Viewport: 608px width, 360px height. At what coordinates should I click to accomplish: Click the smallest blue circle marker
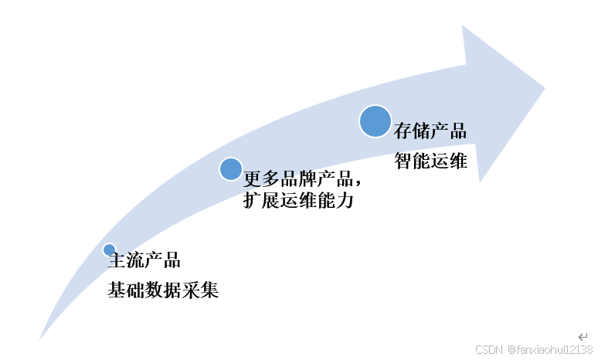pos(109,250)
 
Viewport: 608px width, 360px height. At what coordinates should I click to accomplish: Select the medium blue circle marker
pos(230,169)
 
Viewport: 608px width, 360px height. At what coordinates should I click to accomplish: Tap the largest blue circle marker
pos(375,122)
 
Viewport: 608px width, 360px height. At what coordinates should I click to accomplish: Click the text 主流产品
pos(146,260)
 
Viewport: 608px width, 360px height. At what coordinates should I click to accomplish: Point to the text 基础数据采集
pos(164,291)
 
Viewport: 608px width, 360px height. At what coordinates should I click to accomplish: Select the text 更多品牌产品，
pos(303,179)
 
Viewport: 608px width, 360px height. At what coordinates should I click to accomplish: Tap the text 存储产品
pos(430,131)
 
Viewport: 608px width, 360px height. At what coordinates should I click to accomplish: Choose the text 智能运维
pos(430,161)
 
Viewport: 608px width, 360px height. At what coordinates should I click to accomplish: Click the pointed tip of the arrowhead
pos(545,87)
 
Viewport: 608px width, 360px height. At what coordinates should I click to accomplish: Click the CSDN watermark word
pos(489,350)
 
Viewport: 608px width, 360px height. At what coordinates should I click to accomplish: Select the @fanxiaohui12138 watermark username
pos(550,350)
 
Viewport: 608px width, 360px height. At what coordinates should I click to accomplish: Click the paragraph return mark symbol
pos(583,337)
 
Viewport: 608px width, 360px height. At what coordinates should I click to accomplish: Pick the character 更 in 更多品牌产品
pos(253,179)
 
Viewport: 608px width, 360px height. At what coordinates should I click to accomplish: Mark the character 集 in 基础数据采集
pos(210,291)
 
